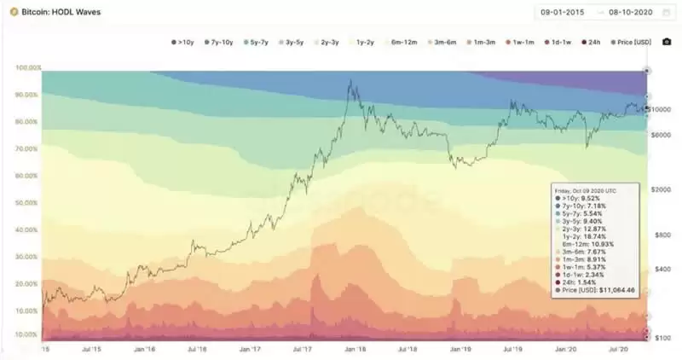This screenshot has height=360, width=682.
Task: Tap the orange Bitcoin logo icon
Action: point(14,11)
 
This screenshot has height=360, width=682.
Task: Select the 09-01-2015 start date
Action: point(563,12)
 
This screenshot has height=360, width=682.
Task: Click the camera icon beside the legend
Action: point(666,41)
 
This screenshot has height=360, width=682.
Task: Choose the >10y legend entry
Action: point(182,41)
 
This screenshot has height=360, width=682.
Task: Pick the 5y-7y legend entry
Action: point(257,41)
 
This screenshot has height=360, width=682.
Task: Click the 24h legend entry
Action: point(593,41)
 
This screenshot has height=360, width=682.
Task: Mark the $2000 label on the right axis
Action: point(661,189)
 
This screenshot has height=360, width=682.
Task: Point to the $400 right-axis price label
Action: point(661,269)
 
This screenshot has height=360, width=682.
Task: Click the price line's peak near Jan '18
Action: point(350,81)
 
